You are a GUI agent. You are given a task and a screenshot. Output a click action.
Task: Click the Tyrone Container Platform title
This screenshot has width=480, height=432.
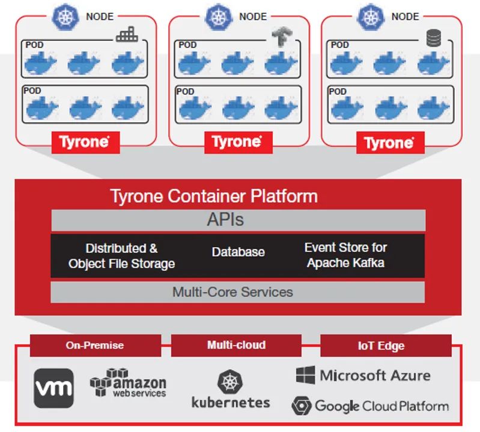click(x=214, y=196)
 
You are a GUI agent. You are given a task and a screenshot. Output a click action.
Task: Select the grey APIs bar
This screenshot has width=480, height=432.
click(x=238, y=220)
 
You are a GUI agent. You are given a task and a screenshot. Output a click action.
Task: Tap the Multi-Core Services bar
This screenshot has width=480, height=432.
click(x=238, y=292)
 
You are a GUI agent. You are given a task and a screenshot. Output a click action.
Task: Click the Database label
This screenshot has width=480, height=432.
click(x=238, y=252)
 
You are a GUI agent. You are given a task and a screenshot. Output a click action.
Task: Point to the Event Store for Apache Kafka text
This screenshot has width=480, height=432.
click(x=345, y=255)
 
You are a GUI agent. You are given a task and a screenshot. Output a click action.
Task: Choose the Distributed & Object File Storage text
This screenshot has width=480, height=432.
click(x=122, y=256)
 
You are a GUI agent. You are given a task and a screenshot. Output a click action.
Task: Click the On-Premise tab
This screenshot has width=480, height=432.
click(x=95, y=345)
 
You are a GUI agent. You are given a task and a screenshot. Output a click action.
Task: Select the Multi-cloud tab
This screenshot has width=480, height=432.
click(x=236, y=345)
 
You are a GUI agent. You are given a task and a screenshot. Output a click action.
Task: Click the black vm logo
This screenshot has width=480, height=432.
click(x=53, y=388)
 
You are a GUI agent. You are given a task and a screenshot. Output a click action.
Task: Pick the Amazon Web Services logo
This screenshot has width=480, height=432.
click(x=128, y=382)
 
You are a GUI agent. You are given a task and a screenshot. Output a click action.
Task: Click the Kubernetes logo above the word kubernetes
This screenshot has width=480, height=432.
click(x=230, y=382)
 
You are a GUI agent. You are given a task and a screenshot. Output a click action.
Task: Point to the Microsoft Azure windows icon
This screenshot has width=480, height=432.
click(x=305, y=376)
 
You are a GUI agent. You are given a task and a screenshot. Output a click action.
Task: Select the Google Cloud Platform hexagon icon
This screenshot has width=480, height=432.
click(x=301, y=406)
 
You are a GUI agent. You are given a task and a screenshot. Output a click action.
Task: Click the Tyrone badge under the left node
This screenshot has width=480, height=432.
click(x=85, y=142)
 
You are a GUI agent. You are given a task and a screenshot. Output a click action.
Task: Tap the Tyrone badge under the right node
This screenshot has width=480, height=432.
click(x=389, y=143)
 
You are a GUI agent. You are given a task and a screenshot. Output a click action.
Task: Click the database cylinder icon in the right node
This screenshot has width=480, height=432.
click(x=433, y=38)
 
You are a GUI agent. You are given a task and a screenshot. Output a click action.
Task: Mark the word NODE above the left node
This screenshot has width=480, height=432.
click(x=100, y=17)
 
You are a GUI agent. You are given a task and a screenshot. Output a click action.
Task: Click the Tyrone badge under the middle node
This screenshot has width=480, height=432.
click(x=237, y=142)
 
